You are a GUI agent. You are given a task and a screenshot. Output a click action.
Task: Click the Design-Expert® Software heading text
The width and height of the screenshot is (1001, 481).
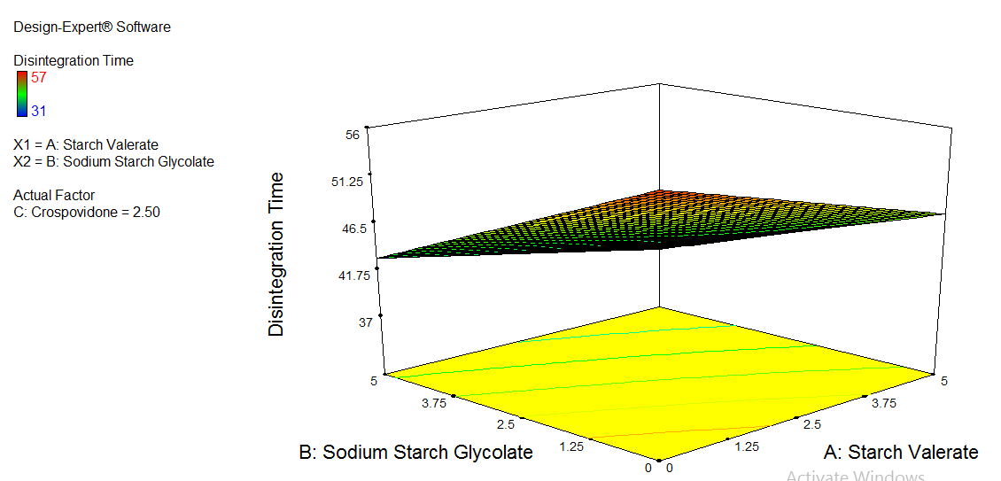[x=92, y=27]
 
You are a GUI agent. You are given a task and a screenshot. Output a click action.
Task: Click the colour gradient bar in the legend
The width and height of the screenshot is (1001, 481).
[x=21, y=94]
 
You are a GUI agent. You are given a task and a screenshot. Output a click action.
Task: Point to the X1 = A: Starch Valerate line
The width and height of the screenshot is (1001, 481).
[x=86, y=144]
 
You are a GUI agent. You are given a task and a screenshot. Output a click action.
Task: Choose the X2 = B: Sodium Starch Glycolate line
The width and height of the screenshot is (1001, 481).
[x=113, y=161]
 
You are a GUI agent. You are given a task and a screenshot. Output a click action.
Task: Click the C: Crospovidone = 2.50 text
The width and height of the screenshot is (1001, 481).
[x=87, y=212]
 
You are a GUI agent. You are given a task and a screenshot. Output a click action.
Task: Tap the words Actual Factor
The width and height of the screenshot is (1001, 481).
[x=54, y=195]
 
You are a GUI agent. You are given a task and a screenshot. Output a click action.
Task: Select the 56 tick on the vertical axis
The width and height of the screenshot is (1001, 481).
[x=353, y=135]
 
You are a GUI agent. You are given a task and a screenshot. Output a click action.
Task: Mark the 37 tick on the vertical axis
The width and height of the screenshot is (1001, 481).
[x=365, y=322]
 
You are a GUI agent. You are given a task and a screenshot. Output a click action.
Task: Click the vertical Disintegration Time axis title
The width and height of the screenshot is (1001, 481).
[x=277, y=254]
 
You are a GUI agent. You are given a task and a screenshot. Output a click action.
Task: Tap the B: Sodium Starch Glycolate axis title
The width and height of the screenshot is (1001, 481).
[x=416, y=453]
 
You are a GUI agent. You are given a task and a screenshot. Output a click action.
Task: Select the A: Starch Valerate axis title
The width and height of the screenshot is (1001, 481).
[x=901, y=453]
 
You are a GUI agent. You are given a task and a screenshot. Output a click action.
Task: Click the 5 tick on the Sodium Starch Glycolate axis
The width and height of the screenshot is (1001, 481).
[x=376, y=381]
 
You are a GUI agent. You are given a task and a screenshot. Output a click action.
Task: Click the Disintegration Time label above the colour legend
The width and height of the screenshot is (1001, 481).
[x=74, y=61]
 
